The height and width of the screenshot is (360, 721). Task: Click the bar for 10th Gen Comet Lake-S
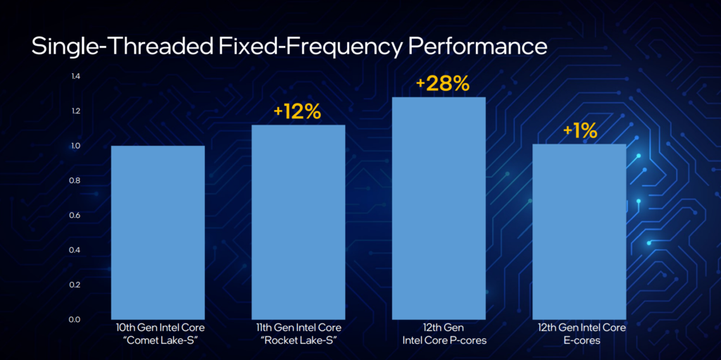tap(158, 232)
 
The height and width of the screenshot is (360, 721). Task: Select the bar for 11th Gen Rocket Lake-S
tap(298, 222)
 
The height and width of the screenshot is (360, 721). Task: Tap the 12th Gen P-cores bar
tap(439, 208)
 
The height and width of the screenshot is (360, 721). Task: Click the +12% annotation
tap(298, 111)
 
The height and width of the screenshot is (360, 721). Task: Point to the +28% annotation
tap(442, 84)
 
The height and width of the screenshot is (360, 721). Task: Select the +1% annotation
tap(579, 130)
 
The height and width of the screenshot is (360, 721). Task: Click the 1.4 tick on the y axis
tap(75, 76)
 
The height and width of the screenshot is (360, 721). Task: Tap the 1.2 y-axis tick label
tap(75, 111)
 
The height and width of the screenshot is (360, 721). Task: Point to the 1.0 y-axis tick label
tap(75, 146)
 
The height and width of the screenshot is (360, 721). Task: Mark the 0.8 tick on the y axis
tap(75, 180)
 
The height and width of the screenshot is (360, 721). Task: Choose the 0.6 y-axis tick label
tap(75, 215)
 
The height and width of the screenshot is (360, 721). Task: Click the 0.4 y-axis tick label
tap(75, 249)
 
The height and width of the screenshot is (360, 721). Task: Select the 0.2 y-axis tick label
tap(75, 285)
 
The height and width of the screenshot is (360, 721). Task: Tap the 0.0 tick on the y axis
tap(75, 319)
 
